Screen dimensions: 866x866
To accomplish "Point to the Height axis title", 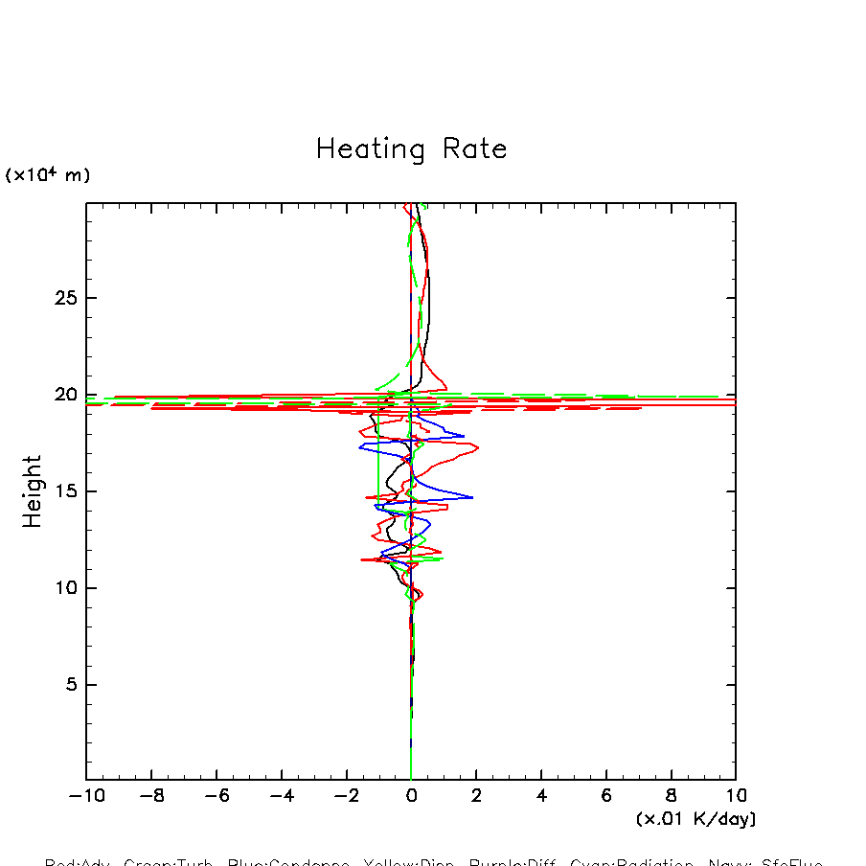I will click(x=33, y=490).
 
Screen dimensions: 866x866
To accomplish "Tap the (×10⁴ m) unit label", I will click(x=48, y=175).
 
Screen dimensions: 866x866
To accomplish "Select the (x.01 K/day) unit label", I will click(x=695, y=819).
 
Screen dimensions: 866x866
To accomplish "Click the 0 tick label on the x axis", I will click(x=411, y=796).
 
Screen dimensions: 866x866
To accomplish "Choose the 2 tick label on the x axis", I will click(x=476, y=796).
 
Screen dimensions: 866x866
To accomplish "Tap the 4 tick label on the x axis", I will click(x=541, y=796).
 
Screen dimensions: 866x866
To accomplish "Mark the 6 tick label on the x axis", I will click(x=606, y=796).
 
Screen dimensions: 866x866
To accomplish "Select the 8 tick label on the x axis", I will click(x=672, y=796).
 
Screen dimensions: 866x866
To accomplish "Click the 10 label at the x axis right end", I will click(x=736, y=796).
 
